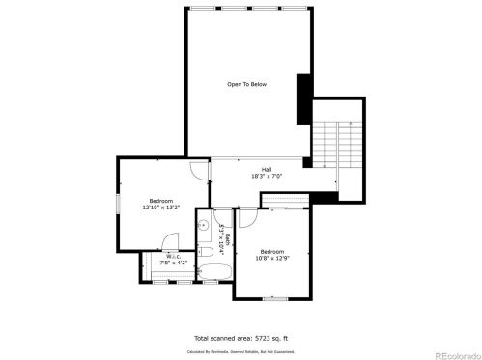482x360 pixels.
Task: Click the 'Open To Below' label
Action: [x=246, y=85]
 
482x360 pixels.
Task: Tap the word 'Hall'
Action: [x=266, y=170]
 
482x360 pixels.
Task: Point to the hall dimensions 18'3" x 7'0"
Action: [x=266, y=177]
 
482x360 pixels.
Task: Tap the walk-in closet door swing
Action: [x=172, y=242]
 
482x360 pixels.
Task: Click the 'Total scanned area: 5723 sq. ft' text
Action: [x=241, y=339]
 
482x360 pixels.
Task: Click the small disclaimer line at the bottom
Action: [x=241, y=353]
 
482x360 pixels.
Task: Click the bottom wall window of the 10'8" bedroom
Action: [x=275, y=299]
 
